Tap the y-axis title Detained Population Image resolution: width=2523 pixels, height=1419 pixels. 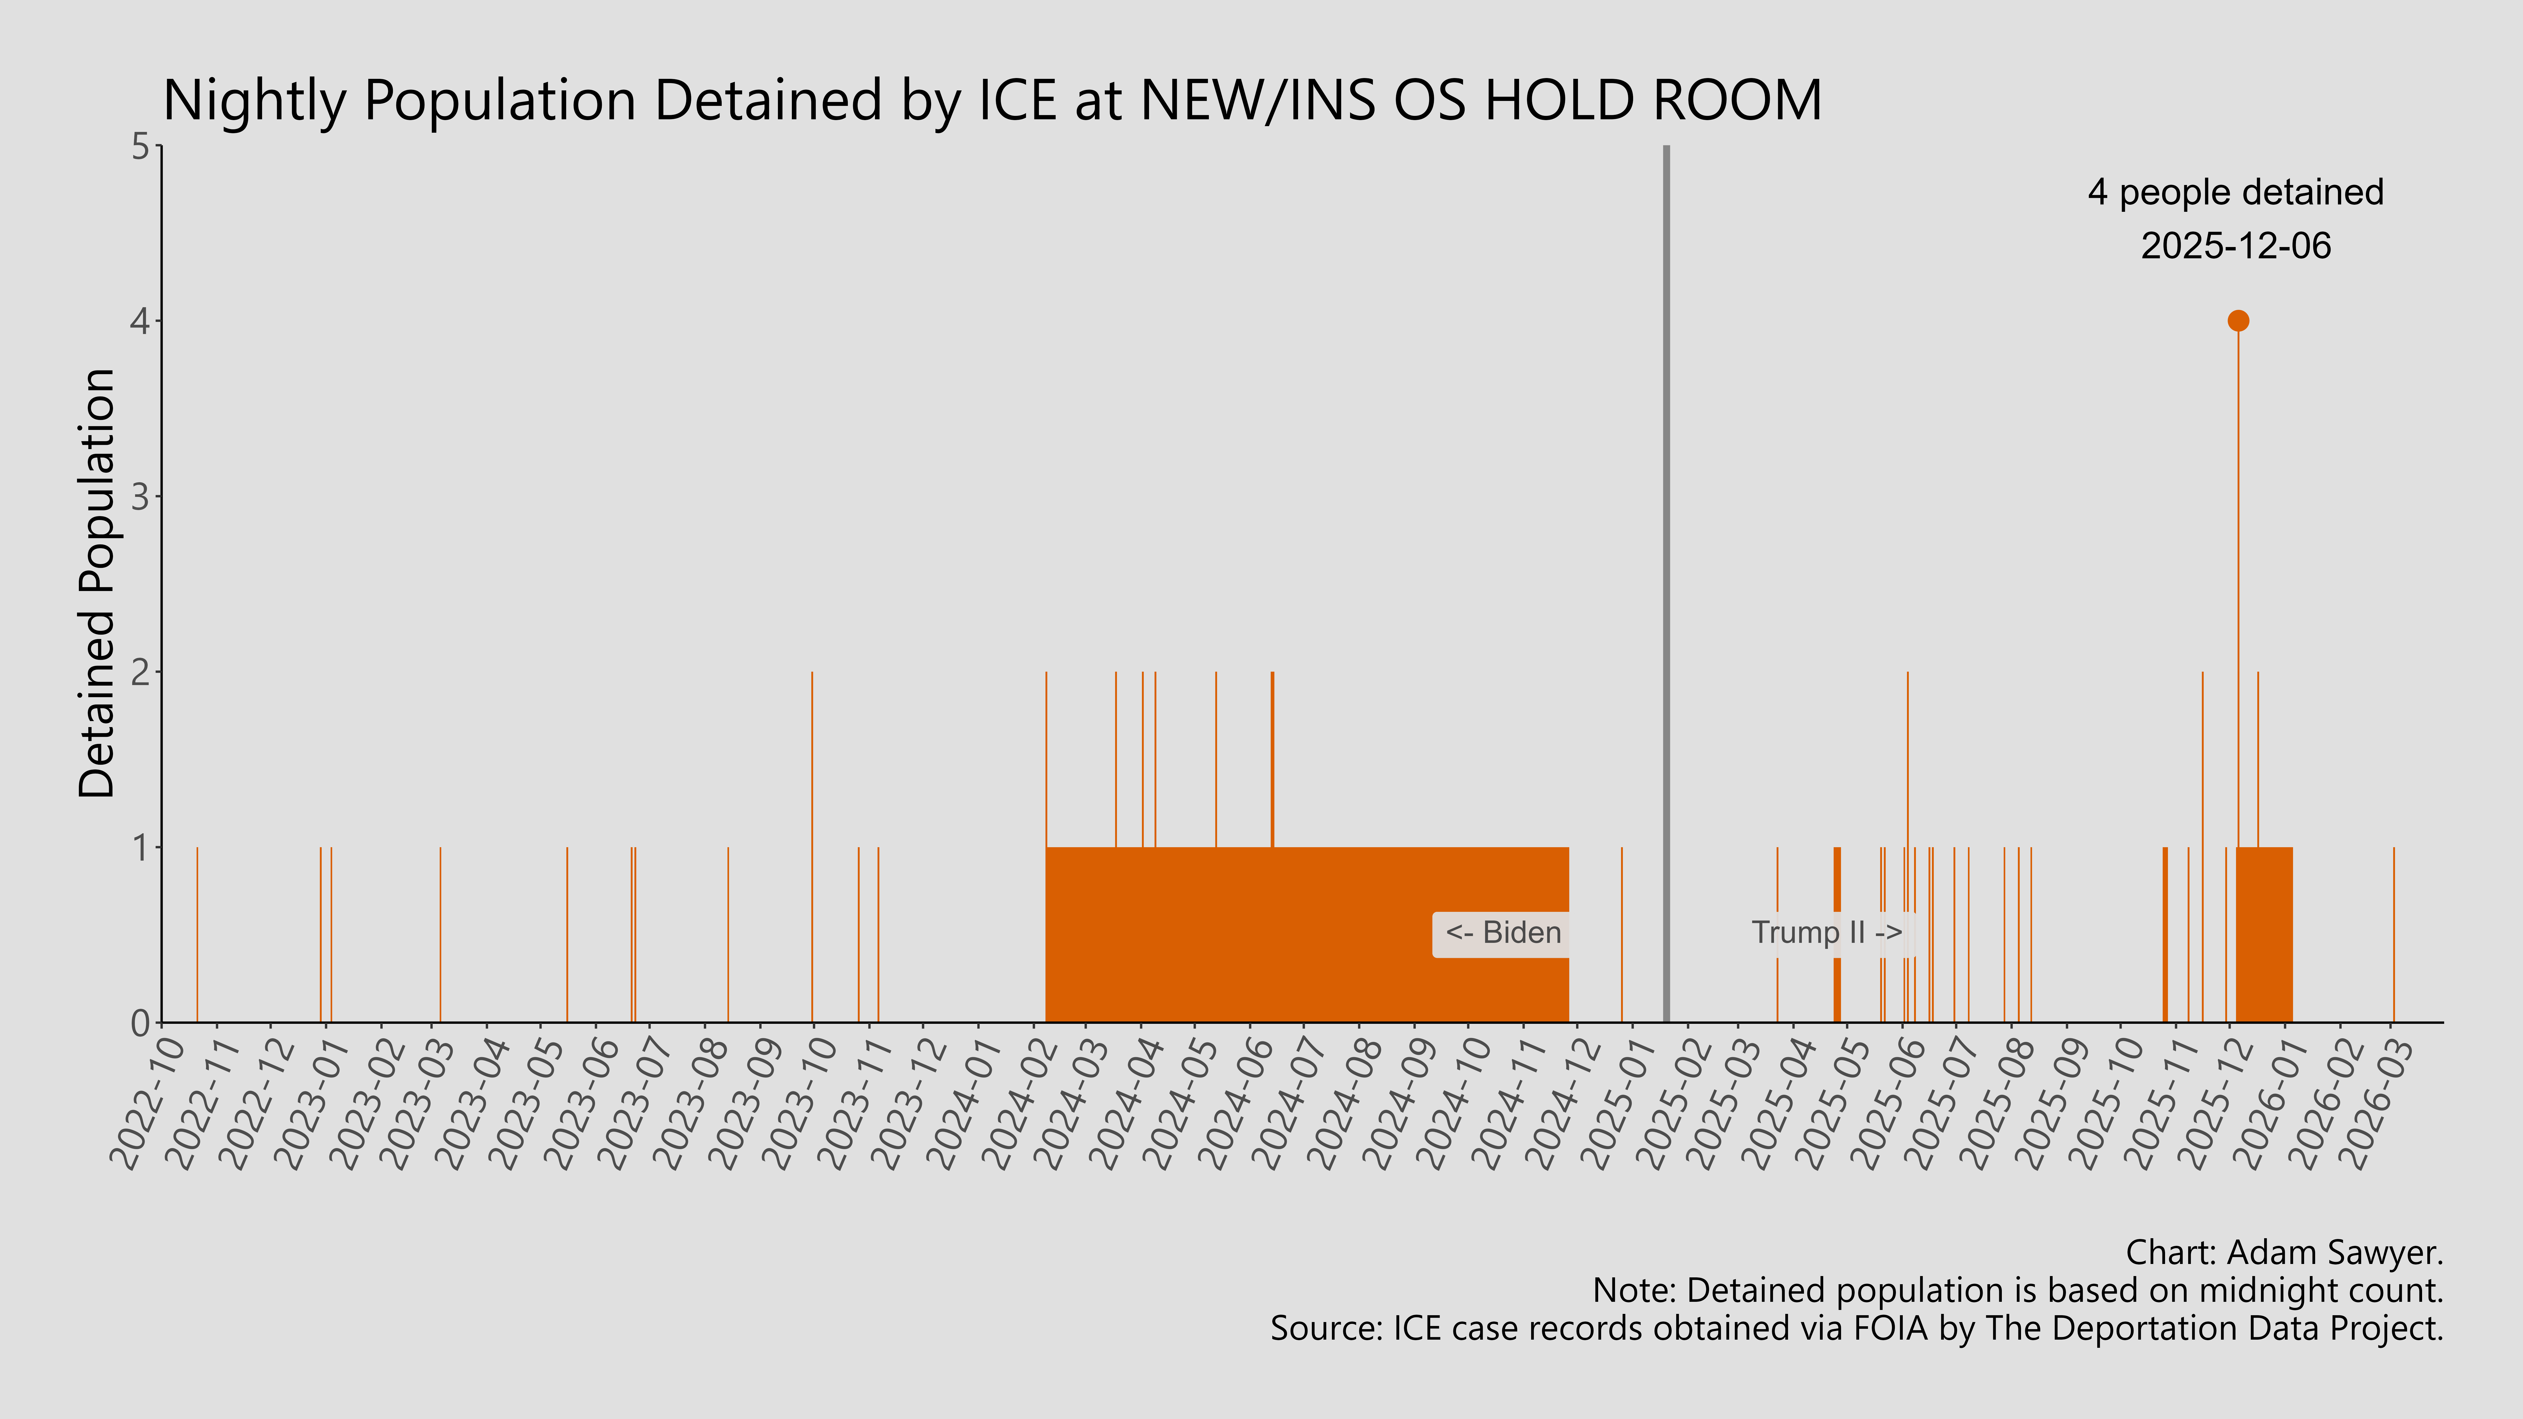pyautogui.click(x=97, y=584)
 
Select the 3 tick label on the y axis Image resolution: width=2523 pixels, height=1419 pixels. pyautogui.click(x=141, y=496)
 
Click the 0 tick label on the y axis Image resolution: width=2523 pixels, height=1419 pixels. pyautogui.click(x=141, y=1022)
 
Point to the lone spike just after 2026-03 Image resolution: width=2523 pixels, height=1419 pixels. pyautogui.click(x=2394, y=935)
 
